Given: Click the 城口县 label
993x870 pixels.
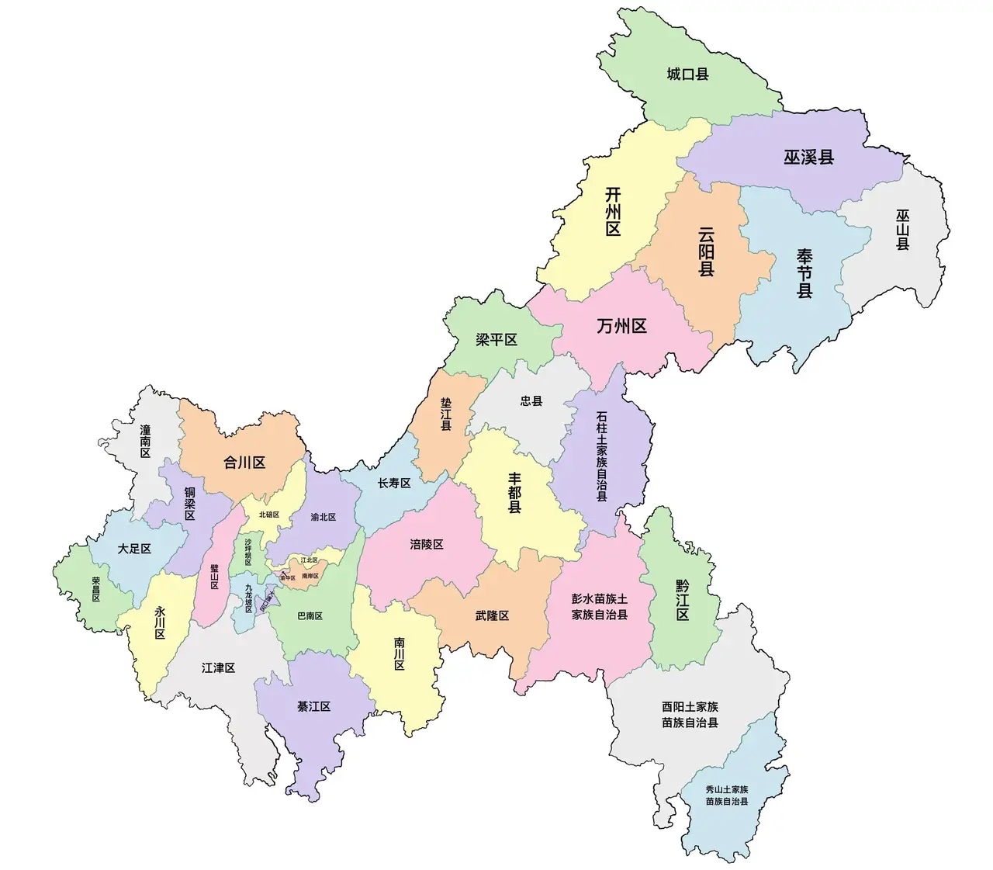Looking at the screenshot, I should pos(687,75).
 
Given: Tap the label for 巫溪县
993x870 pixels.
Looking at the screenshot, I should pos(808,157).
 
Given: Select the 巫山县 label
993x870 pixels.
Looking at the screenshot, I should pos(902,229).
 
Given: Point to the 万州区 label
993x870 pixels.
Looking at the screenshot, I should pos(621,326).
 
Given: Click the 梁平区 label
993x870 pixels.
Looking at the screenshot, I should pos(496,340).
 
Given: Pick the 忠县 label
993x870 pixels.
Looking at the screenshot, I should pos(531,401).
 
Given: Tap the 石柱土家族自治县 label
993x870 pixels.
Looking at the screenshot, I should pos(602,456).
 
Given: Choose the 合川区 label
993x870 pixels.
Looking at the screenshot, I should pos(244,463).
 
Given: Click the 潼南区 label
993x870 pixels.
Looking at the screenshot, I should pos(145,440).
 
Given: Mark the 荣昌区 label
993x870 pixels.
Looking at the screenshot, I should pos(96,589).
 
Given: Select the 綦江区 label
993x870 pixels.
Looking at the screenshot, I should pos(313,707).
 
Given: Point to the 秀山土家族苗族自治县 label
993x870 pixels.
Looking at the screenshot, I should pos(727,795).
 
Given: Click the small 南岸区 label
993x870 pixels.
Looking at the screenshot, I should pos(310,576).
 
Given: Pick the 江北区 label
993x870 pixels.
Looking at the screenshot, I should pos(309,560).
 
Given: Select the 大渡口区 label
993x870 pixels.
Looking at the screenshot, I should pos(268,601).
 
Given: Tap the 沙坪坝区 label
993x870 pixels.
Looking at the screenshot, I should pos(248,552).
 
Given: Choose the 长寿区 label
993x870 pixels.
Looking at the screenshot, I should pos(393,484).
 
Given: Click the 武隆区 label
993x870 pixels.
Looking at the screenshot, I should pos(492,615).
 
